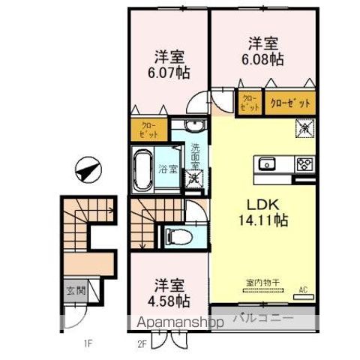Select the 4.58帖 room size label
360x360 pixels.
point(170,301)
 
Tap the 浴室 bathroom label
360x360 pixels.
point(169,169)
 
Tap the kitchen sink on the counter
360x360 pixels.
point(268,164)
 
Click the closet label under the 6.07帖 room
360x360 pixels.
point(148,130)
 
